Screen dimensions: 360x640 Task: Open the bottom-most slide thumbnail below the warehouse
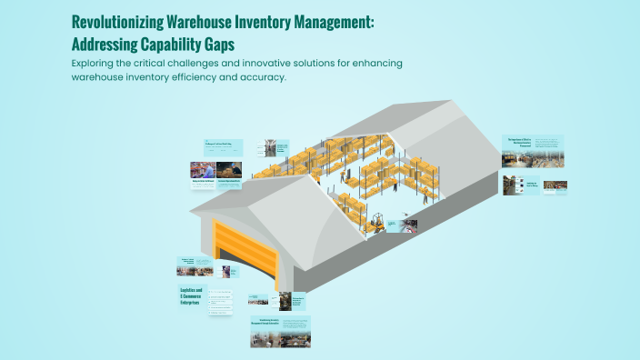point(280,331)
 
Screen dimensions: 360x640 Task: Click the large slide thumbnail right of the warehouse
point(533,151)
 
